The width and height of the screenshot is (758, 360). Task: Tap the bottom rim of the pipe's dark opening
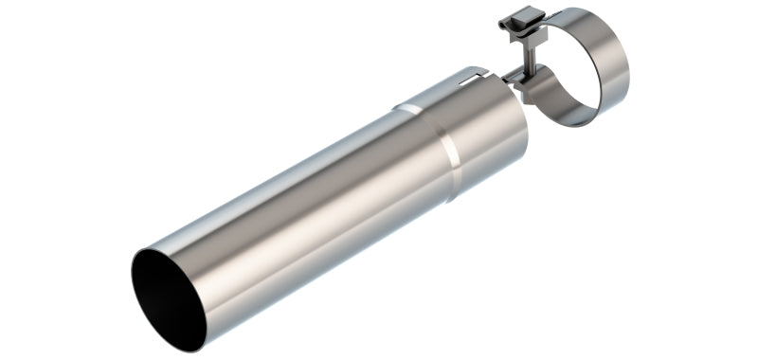coord(189,341)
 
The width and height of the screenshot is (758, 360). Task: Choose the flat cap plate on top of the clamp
coord(519,18)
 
